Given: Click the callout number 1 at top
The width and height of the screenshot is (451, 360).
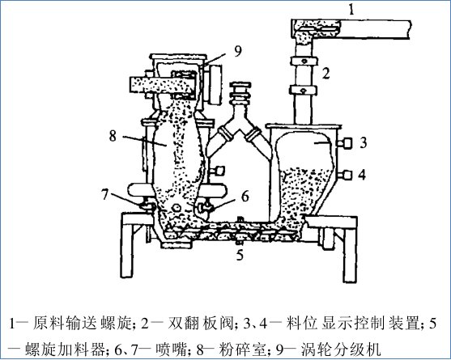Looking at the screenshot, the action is [x=351, y=10].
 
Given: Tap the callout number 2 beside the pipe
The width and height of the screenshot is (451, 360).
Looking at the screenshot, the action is [x=325, y=74].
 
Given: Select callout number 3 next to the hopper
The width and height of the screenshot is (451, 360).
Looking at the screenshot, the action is [x=364, y=143].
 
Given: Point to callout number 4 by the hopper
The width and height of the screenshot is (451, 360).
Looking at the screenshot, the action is [x=362, y=175].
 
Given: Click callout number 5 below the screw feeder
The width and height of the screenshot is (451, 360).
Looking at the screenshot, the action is [x=240, y=255].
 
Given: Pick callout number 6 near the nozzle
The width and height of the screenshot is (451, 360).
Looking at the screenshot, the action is [x=245, y=197].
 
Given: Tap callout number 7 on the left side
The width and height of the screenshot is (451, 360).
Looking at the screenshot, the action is [x=104, y=195].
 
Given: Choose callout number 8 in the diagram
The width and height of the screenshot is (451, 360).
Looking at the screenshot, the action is [x=113, y=136].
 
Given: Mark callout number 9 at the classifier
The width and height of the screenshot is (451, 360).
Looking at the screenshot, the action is [x=238, y=51].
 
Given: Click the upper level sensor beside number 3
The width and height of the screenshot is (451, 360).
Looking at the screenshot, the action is [x=345, y=143].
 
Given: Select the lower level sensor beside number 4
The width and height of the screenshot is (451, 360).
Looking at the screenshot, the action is [x=345, y=175].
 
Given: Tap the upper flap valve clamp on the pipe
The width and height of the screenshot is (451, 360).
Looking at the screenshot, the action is [x=303, y=61].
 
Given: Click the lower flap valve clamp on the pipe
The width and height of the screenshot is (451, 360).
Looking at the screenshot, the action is [x=303, y=91].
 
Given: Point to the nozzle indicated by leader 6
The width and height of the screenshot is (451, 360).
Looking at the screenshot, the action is [x=204, y=207].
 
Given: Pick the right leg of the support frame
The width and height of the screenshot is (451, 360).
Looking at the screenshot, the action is [x=351, y=252].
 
